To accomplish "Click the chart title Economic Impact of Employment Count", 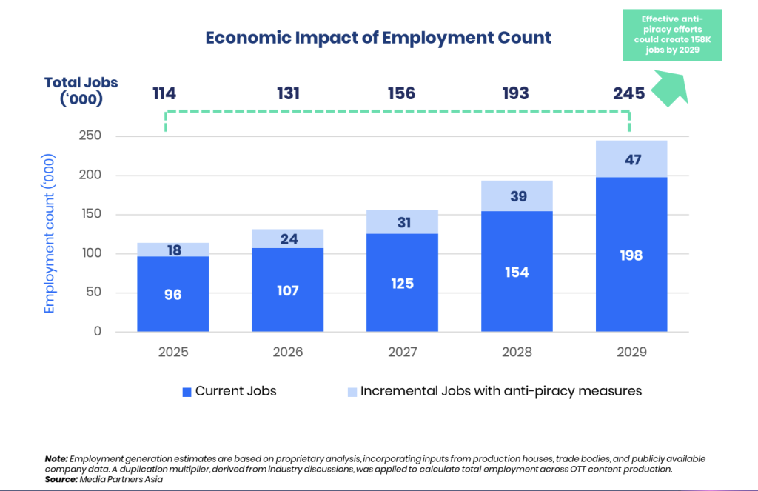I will (378, 38).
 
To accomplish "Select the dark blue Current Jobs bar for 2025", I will (172, 311).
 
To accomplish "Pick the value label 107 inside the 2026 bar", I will (287, 291).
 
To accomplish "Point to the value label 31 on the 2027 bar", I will (402, 221).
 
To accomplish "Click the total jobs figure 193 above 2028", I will (516, 93).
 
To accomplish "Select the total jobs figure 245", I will (628, 93).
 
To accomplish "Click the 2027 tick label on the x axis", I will (402, 352).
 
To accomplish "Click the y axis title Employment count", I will (50, 234).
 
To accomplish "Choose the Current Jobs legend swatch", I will (187, 391).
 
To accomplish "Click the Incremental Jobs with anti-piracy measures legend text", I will (501, 390).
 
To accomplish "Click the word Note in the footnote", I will (56, 459).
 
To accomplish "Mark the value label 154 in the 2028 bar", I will (517, 273).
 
